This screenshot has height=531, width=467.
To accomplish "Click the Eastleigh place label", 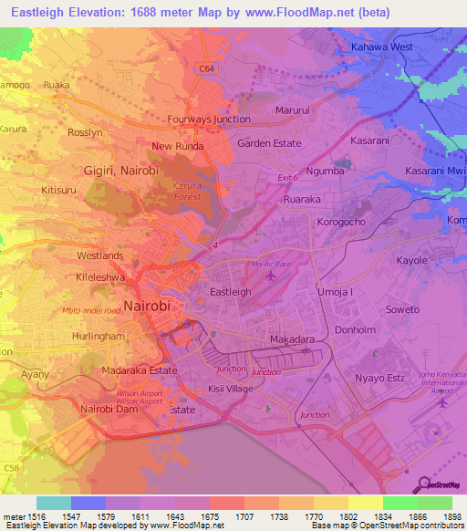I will pyautogui.click(x=231, y=292).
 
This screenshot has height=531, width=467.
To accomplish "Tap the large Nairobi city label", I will pyautogui.click(x=147, y=306).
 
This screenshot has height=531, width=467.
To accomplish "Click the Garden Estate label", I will pyautogui.click(x=268, y=143).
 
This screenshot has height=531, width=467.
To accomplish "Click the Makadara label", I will pyautogui.click(x=293, y=339).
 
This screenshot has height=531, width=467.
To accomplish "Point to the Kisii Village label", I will pyautogui.click(x=231, y=389).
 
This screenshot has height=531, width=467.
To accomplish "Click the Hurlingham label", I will pyautogui.click(x=62, y=336).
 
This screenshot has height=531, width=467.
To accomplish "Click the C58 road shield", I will pyautogui.click(x=13, y=468).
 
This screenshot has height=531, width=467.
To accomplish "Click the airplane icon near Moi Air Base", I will pyautogui.click(x=268, y=274).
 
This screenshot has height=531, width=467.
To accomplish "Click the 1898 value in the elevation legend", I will pyautogui.click(x=452, y=516).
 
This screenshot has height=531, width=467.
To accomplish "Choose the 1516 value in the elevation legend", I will pyautogui.click(x=36, y=516).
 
